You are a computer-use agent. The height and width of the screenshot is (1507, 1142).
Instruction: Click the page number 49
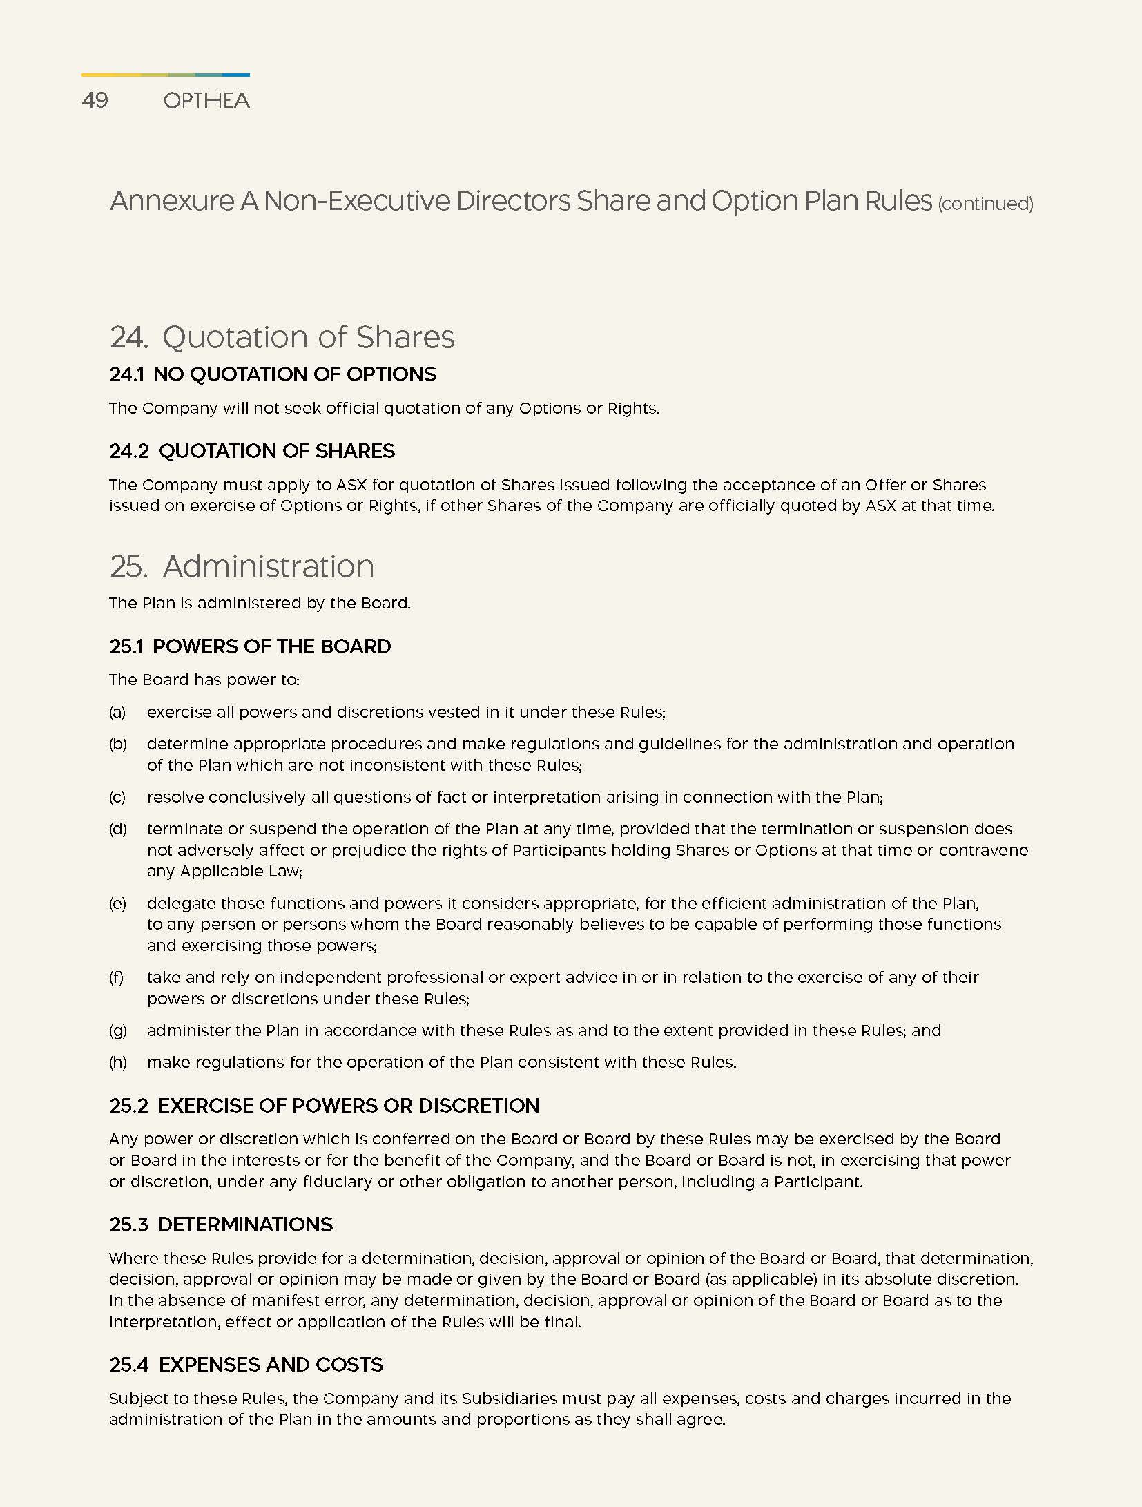95,100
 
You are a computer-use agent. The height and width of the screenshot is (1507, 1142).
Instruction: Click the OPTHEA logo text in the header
206,101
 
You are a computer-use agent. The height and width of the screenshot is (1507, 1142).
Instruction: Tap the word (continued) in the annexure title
985,204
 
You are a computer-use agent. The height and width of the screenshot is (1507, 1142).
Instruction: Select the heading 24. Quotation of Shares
282,337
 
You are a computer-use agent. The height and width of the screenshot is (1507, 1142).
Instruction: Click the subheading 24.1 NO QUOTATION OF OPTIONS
273,374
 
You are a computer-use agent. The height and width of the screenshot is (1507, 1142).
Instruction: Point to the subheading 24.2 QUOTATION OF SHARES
252,451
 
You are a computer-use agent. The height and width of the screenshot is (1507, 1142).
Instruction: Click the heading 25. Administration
242,566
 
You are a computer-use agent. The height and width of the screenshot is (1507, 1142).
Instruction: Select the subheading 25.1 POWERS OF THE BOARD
250,646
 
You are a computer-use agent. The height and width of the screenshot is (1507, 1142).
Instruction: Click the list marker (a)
117,712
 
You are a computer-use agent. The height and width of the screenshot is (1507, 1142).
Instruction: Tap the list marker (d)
118,829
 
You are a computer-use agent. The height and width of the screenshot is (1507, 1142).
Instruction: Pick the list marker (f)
116,977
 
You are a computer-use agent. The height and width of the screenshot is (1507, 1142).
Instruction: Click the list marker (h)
118,1062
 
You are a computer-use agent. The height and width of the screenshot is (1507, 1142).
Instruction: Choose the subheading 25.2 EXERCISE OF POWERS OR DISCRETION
325,1106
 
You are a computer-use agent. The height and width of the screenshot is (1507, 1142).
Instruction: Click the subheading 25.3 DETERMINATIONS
221,1225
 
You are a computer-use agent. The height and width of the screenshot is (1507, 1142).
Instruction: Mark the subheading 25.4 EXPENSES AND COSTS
246,1365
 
